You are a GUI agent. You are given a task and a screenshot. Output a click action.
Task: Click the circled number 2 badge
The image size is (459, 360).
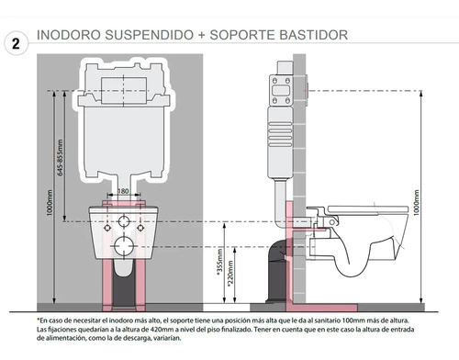(x=16, y=43)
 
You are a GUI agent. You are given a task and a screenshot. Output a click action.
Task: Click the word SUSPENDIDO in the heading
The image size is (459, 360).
(x=150, y=35)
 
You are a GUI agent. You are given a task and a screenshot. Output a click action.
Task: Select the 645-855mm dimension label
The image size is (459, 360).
(x=60, y=157)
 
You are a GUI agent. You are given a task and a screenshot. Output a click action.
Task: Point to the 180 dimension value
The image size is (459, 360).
(x=123, y=191)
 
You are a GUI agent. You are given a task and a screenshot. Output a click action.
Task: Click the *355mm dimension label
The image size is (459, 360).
(x=220, y=262)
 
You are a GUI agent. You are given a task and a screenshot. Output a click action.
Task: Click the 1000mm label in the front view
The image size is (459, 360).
(x=50, y=203)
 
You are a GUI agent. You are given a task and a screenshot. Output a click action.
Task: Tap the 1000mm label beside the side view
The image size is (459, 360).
(x=416, y=203)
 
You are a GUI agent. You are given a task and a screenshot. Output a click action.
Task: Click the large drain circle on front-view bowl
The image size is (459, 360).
(x=124, y=247)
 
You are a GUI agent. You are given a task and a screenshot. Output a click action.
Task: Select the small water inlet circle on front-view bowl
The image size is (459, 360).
(x=124, y=221)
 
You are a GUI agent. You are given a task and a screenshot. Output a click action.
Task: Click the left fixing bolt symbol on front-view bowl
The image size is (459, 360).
(x=107, y=228)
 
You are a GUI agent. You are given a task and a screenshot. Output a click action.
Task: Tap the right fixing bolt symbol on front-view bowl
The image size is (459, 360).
(x=140, y=228)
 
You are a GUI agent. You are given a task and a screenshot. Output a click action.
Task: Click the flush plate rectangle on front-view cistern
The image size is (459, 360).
(x=124, y=91)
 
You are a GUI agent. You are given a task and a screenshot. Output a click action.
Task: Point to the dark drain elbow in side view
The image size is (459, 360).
(x=277, y=269)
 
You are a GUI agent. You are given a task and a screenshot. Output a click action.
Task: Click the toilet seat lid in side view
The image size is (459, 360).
(x=368, y=209)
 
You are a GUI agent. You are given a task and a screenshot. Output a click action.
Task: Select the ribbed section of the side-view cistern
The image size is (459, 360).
(x=280, y=134)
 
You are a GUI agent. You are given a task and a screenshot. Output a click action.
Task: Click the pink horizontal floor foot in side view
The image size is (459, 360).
(x=321, y=308)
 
